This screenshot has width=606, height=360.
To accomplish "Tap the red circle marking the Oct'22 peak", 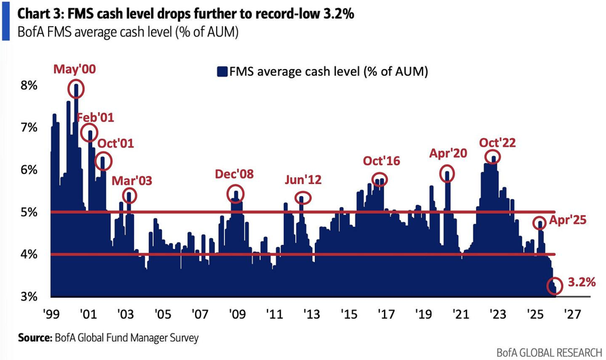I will [494, 157].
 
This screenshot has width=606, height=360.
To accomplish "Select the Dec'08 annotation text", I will [234, 174].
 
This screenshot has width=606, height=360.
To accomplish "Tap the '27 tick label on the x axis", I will [574, 315].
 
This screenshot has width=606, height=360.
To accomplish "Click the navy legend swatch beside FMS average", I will [221, 71].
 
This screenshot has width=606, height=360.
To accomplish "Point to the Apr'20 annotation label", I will [448, 153].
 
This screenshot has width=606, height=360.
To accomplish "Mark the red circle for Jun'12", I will [303, 198].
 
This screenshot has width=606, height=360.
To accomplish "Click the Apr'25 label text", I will [567, 219].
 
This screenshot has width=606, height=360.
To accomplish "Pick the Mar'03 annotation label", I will [132, 181].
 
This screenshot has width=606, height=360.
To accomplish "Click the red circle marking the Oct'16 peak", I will [380, 180].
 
